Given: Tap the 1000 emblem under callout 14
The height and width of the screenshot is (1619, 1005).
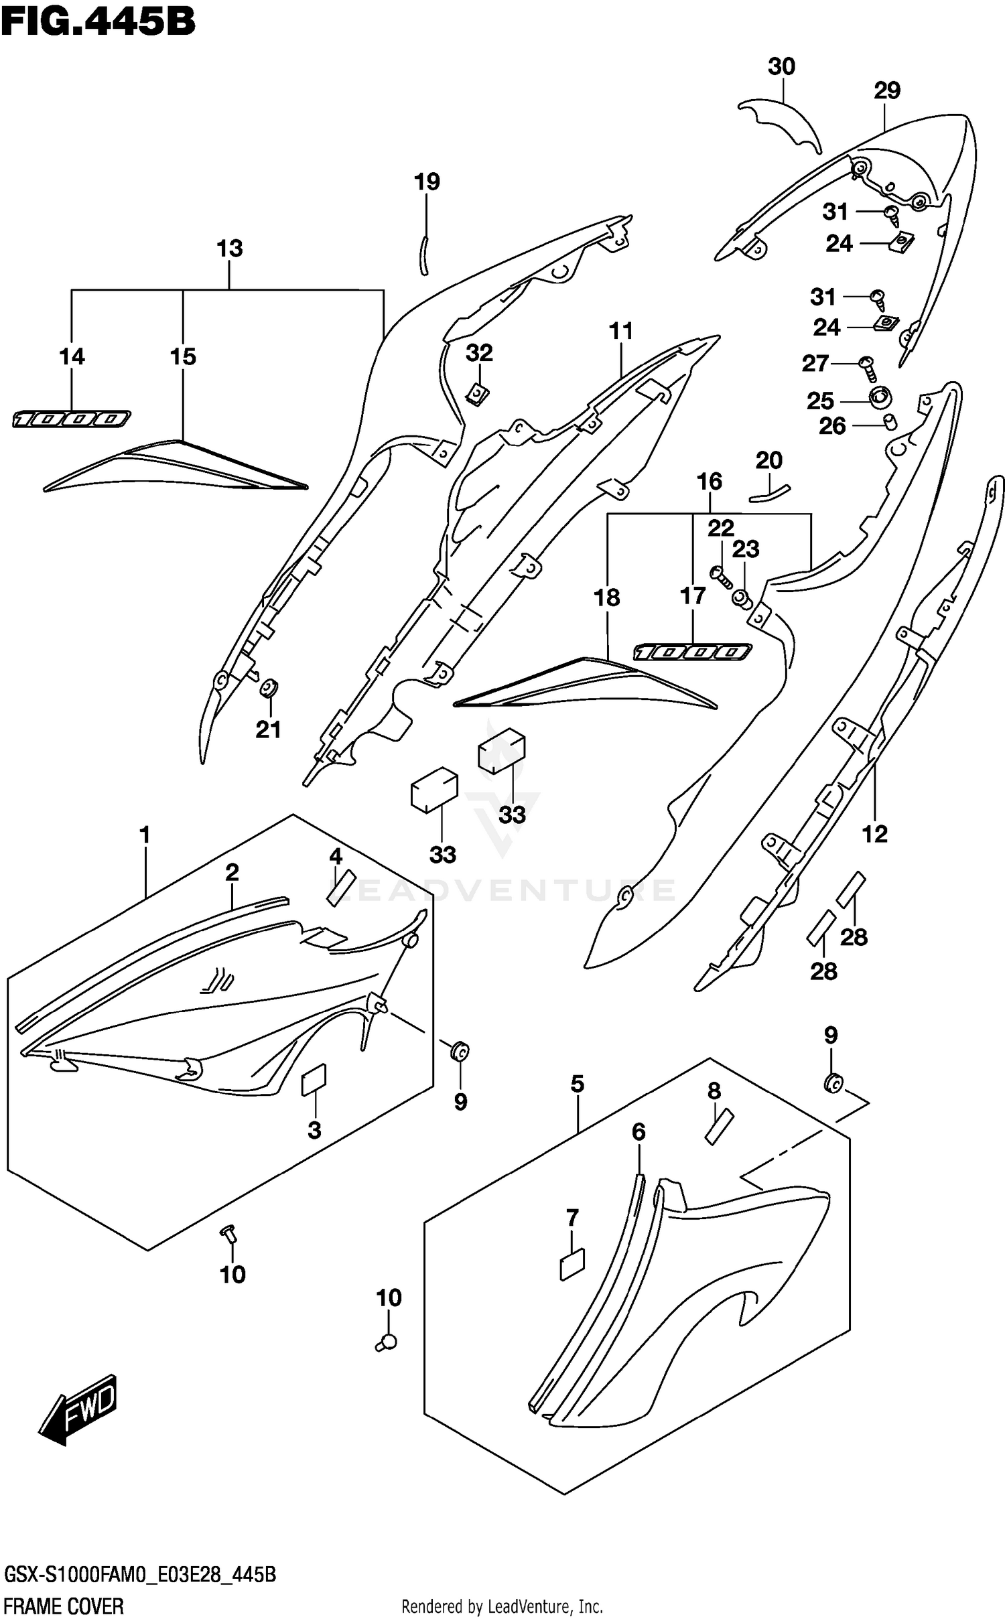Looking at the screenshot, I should (x=71, y=420).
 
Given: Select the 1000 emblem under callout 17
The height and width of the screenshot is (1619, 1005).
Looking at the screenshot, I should (x=693, y=652).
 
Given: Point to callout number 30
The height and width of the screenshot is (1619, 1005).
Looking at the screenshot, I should (x=781, y=67).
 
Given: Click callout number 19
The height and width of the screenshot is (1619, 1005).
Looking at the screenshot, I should (x=427, y=182).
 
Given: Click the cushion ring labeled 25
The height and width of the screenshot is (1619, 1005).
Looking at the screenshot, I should (x=880, y=398).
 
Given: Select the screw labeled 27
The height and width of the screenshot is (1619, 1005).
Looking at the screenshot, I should (x=868, y=367).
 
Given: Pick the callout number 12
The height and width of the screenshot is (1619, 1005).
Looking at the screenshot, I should (x=874, y=834).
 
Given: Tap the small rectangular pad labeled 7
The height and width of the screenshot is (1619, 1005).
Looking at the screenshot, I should (x=572, y=1265).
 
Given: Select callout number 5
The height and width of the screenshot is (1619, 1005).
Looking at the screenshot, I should (x=577, y=1084).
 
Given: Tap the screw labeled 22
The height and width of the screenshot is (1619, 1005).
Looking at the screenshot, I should (x=722, y=575).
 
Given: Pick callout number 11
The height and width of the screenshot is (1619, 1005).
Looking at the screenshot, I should (x=620, y=331).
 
